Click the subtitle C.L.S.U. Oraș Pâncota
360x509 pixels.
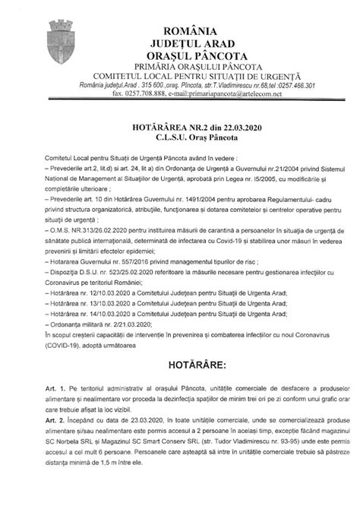click(187, 142)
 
